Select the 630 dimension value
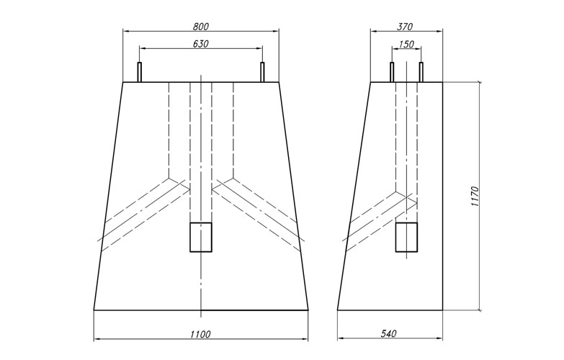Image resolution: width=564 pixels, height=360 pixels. (x=201, y=43)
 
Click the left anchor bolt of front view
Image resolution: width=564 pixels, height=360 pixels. (x=140, y=72)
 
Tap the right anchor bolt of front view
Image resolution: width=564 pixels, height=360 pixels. (x=262, y=72)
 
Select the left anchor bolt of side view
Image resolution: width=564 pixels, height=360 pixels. (x=392, y=72)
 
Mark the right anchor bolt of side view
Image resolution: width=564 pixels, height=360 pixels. (x=421, y=72)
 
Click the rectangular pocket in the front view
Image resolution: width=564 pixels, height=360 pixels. (x=200, y=237)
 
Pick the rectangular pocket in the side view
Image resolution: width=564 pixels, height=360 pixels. (x=407, y=237)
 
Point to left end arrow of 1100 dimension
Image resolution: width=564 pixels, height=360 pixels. (x=97, y=339)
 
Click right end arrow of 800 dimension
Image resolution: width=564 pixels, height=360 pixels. (x=277, y=31)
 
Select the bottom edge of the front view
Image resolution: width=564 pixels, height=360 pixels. (x=201, y=310)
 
